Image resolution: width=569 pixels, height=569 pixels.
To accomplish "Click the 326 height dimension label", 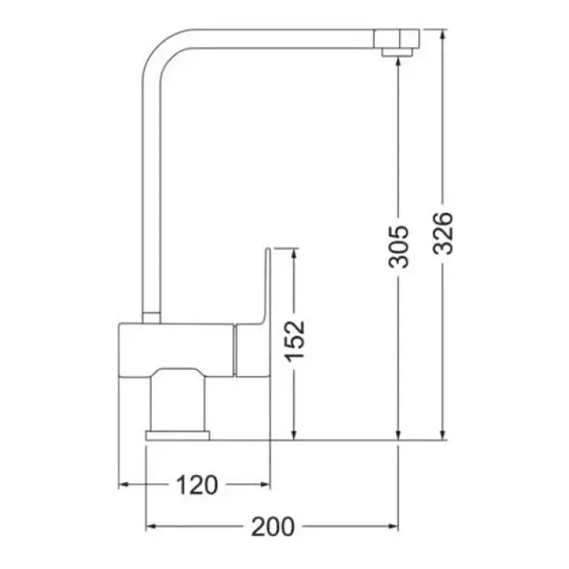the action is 443,233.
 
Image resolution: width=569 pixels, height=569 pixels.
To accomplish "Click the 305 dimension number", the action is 398,247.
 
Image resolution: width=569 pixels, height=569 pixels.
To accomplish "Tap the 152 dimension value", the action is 294,341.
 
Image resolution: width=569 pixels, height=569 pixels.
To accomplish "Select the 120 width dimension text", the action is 197,484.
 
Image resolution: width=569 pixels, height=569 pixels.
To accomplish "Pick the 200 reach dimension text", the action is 273,526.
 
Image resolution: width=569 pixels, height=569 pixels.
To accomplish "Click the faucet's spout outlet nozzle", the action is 398,53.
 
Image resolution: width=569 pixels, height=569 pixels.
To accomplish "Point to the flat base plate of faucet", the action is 178,435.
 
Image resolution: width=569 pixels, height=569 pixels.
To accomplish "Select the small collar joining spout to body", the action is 151,317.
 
